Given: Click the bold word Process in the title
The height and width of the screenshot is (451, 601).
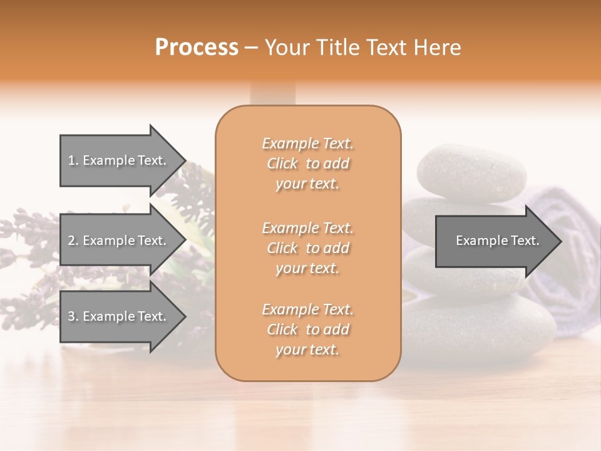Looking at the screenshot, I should coord(197,48).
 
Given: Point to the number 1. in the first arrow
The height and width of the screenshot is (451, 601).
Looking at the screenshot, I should coord(73,160).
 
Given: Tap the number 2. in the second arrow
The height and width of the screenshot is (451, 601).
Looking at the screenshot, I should coord(73,241).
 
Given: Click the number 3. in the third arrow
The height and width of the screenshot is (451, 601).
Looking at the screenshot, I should coord(73,316).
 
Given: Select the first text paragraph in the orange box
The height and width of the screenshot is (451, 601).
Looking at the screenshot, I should coord(308,163).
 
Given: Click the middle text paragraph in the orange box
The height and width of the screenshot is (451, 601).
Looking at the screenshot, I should coord(308,248).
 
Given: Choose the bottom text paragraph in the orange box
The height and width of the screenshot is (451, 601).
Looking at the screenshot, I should coord(308,329).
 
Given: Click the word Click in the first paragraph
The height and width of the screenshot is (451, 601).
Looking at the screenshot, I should coord(282,163).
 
